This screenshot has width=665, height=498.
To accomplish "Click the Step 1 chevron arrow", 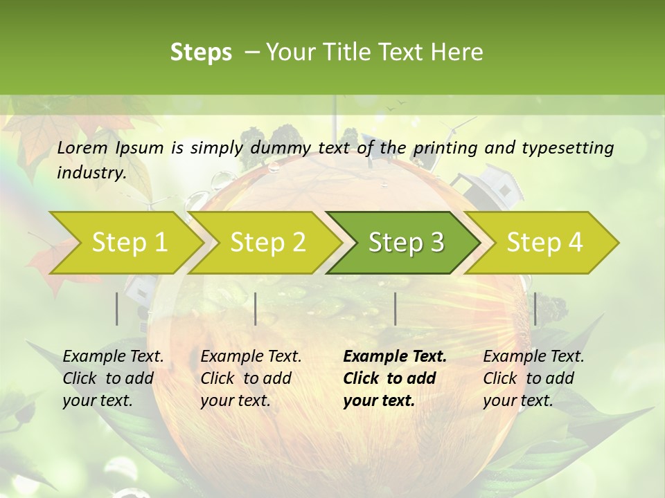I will point(128,243).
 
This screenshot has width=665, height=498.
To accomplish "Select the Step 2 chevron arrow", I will point(267,243).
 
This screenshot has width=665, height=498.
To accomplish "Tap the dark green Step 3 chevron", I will point(405,243).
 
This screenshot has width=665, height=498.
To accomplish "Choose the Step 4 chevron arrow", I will point(544,243).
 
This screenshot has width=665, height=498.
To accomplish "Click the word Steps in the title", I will point(201,53).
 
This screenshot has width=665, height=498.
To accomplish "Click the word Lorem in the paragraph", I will point(82,147).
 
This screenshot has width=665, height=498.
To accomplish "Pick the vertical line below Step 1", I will point(117,308).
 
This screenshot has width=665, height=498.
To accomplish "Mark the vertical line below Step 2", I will point(256,308).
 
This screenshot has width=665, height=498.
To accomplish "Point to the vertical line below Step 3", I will point(395,308).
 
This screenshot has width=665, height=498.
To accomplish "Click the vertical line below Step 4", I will point(535,308).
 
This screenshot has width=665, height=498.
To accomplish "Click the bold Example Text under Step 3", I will point(395,357).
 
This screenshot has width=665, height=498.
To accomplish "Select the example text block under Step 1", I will point(113,378).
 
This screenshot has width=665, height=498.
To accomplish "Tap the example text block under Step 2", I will point(251,378).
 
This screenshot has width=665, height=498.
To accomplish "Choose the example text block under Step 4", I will point(533,378).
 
